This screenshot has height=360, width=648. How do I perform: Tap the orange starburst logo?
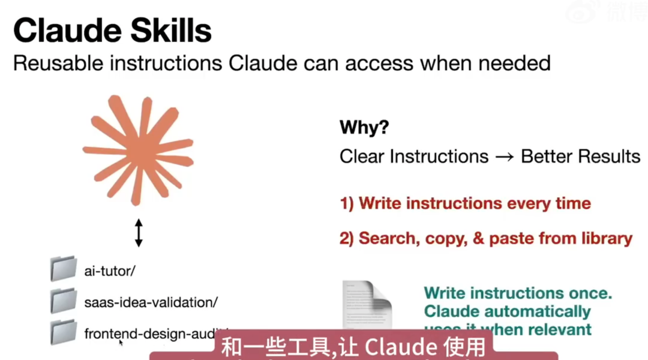point(139,151)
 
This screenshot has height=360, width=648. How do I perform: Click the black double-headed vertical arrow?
point(139,233)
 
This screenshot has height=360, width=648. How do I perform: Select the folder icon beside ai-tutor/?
point(63,269)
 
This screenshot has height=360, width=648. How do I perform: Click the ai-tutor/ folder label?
point(110,271)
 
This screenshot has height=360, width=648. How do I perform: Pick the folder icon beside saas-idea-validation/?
point(63,300)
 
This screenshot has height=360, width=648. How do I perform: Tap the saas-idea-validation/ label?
point(151,302)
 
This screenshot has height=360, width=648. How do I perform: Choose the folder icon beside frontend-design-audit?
point(63,332)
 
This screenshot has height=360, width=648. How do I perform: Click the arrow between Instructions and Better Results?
point(505,157)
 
